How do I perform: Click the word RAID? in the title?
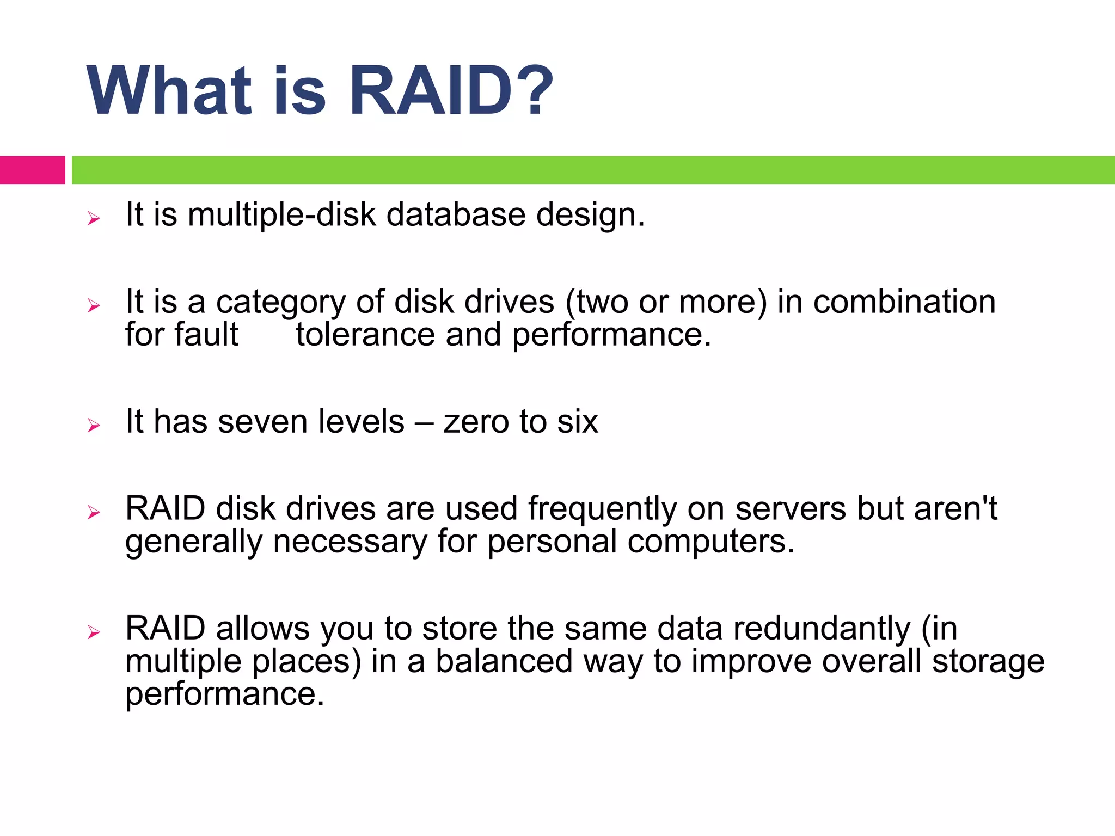[451, 91]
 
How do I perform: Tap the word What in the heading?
[169, 91]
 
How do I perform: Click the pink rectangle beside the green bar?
[32, 170]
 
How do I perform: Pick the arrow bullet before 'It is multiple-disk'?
[94, 219]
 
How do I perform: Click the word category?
[281, 303]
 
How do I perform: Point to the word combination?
[904, 302]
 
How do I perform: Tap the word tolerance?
[365, 335]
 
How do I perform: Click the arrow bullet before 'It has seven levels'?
[94, 426]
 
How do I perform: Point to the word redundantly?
[822, 629]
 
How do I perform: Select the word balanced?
[504, 661]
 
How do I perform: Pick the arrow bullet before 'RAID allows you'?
[94, 632]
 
